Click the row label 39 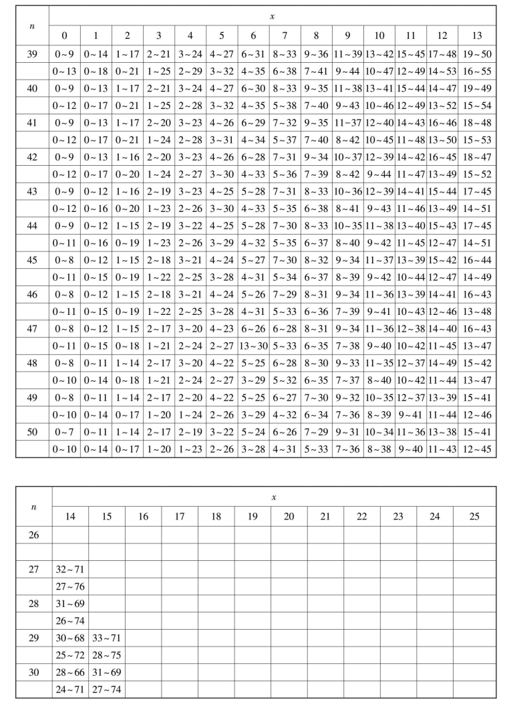32,53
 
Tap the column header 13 476,35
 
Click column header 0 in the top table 65,35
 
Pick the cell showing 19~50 476,53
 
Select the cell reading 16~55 476,71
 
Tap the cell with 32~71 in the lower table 70,570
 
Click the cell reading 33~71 106,638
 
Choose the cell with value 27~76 70,587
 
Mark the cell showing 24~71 70,690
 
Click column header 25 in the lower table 474,516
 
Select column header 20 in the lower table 289,516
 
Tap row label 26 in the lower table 33,535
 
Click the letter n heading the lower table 33,507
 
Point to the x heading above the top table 272,15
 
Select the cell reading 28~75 106,656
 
